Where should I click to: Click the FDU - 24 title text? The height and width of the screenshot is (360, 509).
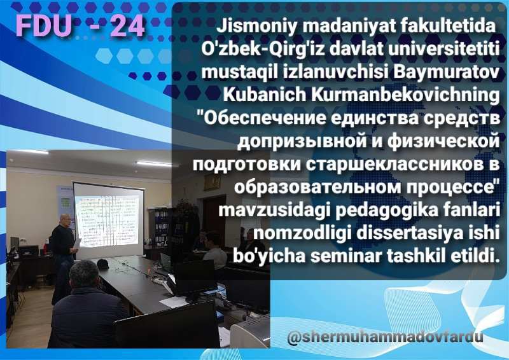point(80,25)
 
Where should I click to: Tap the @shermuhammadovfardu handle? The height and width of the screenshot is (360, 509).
point(385,337)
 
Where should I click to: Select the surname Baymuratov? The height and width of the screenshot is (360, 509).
point(447,72)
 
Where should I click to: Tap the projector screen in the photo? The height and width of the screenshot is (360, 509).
point(109,220)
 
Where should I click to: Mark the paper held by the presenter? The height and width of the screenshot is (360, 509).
point(77,244)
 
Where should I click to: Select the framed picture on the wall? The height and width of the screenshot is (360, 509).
point(212,183)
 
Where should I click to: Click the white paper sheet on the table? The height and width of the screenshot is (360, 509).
point(174,302)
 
